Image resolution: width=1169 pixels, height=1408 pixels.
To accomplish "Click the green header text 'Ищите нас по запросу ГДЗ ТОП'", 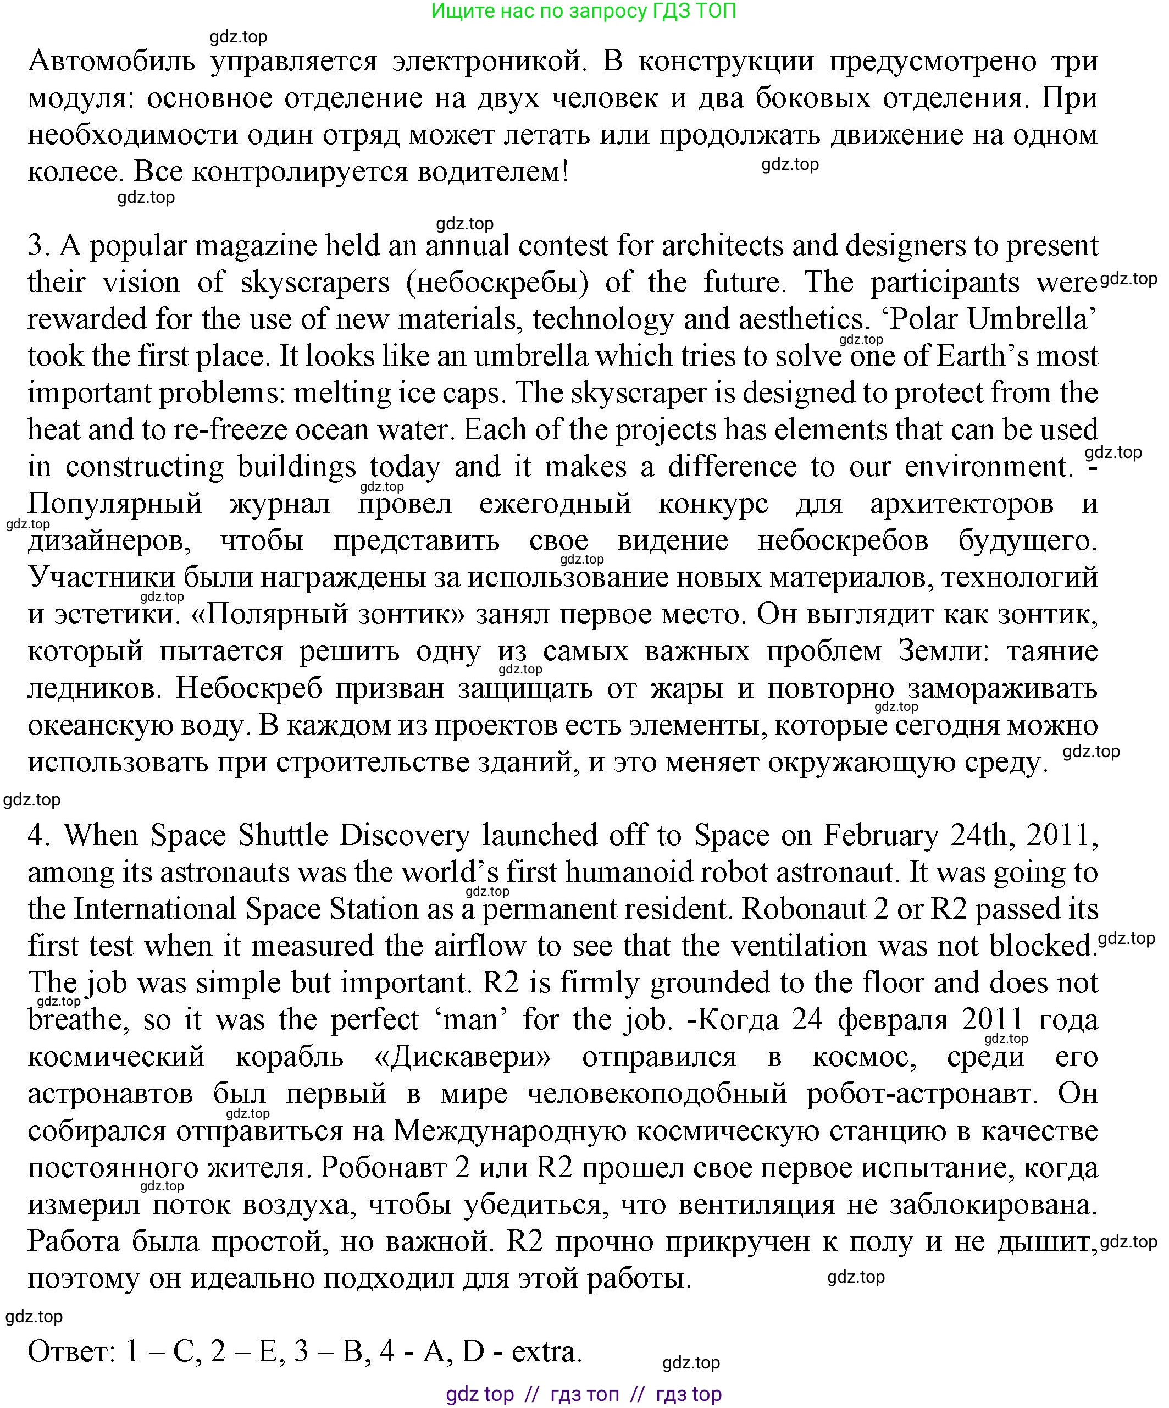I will pyautogui.click(x=583, y=12).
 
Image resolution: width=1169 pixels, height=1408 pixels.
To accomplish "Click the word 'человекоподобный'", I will pyautogui.click(x=657, y=1094).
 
